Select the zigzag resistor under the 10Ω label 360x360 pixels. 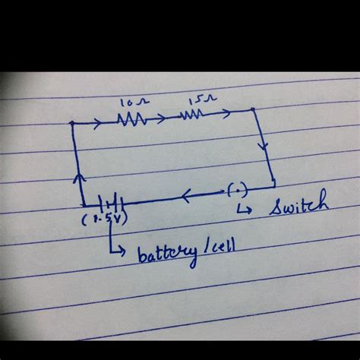(x=131, y=118)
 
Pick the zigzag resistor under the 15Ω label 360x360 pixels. (x=191, y=115)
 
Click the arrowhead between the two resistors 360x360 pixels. (x=162, y=118)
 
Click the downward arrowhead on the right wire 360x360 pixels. (x=264, y=144)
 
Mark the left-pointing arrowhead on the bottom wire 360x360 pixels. (x=186, y=194)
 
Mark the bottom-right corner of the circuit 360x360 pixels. (x=273, y=185)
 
